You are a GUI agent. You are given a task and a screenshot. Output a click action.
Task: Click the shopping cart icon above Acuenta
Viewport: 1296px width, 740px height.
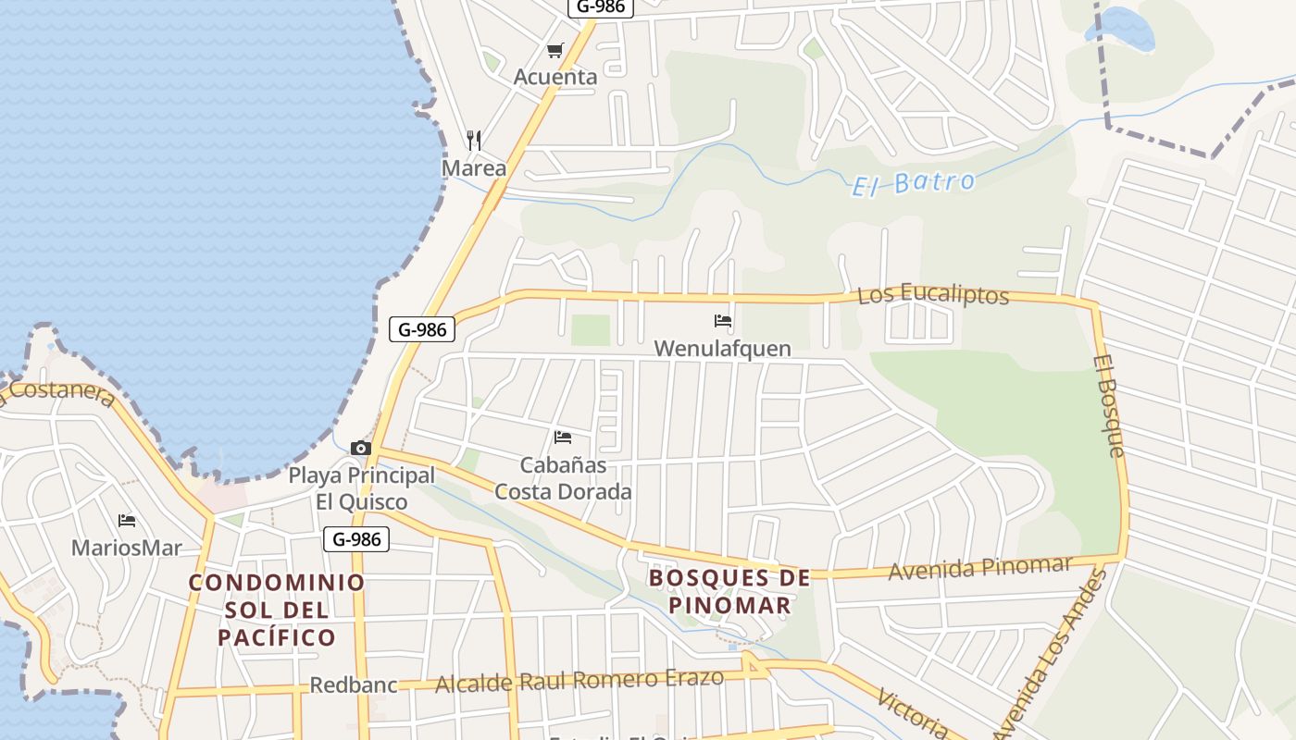tap(555, 51)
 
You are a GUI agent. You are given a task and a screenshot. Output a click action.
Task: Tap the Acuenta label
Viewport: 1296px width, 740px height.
tap(555, 77)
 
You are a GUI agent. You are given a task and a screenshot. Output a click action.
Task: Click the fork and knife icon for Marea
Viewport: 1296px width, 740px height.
tap(474, 141)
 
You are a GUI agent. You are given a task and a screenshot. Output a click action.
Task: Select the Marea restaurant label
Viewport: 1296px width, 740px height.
tap(474, 168)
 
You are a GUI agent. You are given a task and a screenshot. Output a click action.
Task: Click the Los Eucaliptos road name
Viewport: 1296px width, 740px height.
tap(932, 295)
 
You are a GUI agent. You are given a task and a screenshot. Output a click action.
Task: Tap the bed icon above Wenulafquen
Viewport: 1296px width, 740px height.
tap(723, 322)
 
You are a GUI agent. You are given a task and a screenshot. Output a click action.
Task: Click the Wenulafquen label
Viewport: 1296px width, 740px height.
tap(722, 349)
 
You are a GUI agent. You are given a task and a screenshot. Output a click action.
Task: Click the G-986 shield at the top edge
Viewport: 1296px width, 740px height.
tap(600, 6)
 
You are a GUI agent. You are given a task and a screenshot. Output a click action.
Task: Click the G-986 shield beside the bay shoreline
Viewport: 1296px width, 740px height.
tap(422, 329)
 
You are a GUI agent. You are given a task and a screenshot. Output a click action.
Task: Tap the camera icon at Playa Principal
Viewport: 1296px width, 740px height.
tap(361, 449)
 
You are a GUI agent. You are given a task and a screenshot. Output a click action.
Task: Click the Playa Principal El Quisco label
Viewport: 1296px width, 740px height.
tap(361, 488)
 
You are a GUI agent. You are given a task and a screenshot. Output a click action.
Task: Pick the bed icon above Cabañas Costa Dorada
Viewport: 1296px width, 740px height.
tap(562, 438)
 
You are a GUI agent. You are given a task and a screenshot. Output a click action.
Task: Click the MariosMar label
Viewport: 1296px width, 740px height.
tap(127, 548)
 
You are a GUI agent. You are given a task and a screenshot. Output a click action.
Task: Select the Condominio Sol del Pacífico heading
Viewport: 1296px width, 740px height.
tap(277, 610)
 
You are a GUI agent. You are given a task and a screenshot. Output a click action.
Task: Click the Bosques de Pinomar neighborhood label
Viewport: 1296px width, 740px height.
tap(729, 592)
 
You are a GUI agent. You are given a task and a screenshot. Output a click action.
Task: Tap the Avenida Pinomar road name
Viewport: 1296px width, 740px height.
tap(979, 567)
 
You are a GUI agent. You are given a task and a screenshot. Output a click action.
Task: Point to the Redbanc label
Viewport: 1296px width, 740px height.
tap(353, 685)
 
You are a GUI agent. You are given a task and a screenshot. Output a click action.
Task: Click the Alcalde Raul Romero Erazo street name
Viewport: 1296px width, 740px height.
tap(579, 681)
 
